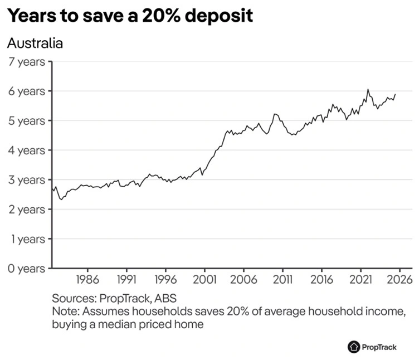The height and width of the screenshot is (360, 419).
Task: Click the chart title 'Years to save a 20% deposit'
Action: pyautogui.click(x=130, y=16)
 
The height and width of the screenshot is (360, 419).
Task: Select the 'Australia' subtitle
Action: pyautogui.click(x=35, y=43)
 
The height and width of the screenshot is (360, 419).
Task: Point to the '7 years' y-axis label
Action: pyautogui.click(x=27, y=61)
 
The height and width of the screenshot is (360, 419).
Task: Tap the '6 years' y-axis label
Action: pyautogui.click(x=27, y=91)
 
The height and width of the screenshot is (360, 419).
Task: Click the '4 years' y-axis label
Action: pyautogui.click(x=27, y=150)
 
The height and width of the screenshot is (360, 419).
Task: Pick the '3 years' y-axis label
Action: pyautogui.click(x=27, y=180)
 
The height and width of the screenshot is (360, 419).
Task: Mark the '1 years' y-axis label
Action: pyautogui.click(x=27, y=239)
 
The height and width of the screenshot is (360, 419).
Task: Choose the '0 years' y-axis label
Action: pyautogui.click(x=27, y=269)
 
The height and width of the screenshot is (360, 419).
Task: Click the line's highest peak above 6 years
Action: pyautogui.click(x=368, y=89)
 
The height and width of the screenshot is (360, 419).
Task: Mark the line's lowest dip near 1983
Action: pyautogui.click(x=61, y=200)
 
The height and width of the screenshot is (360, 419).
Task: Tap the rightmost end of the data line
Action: pyautogui.click(x=396, y=94)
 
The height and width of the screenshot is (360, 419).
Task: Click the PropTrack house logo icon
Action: pyautogui.click(x=354, y=347)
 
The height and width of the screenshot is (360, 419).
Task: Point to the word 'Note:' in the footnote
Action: pyautogui.click(x=65, y=311)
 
